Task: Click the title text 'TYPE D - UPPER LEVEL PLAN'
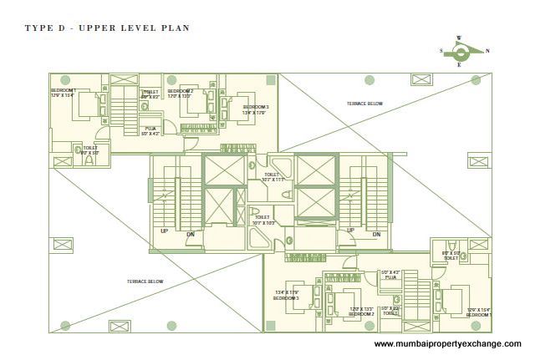pyautogui.click(x=107, y=28)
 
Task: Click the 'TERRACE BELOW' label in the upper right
pyautogui.click(x=364, y=104)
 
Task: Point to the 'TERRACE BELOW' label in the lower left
pyautogui.click(x=145, y=281)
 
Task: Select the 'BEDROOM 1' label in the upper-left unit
pyautogui.click(x=63, y=93)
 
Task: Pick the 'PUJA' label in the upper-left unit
pyautogui.click(x=150, y=129)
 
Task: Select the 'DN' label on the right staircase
pyautogui.click(x=376, y=235)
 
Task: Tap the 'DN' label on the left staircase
pyautogui.click(x=191, y=235)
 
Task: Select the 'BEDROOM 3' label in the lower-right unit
pyautogui.click(x=287, y=295)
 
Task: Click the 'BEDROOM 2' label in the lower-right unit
pyautogui.click(x=361, y=312)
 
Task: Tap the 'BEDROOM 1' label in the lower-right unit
pyautogui.click(x=478, y=312)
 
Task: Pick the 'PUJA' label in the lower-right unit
pyautogui.click(x=390, y=275)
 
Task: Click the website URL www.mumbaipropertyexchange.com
pyautogui.click(x=447, y=343)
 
